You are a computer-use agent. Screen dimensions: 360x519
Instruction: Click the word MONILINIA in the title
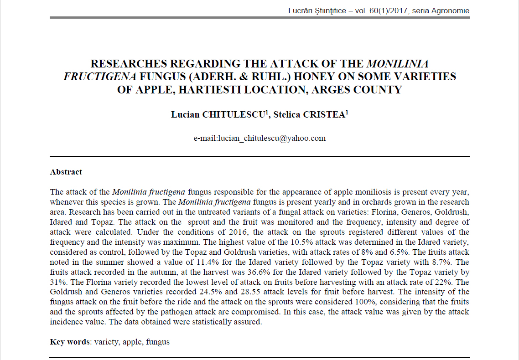(x=397, y=64)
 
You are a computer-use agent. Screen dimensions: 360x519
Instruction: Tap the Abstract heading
(x=66, y=172)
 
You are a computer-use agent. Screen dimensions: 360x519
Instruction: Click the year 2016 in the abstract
(x=240, y=231)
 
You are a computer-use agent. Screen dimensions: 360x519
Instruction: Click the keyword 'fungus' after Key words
(x=158, y=341)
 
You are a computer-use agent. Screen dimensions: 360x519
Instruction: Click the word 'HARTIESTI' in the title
(x=218, y=89)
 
